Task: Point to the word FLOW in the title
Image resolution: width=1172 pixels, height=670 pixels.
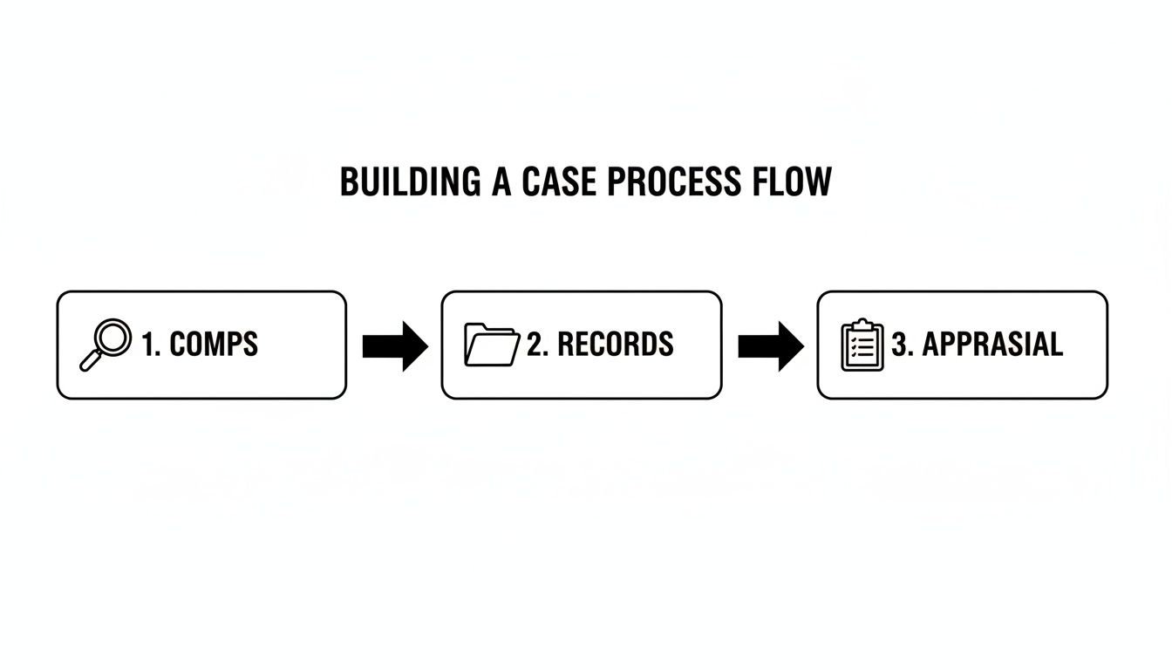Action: click(x=793, y=181)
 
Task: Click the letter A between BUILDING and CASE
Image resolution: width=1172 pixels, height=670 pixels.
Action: click(x=501, y=181)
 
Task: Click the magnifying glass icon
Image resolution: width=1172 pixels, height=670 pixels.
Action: click(x=106, y=345)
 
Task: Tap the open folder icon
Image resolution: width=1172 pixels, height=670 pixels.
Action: click(x=492, y=345)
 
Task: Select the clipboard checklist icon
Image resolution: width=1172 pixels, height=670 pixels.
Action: click(x=862, y=345)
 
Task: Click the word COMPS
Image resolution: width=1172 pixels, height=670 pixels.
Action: click(x=214, y=345)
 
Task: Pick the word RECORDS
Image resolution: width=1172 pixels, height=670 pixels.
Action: click(x=615, y=345)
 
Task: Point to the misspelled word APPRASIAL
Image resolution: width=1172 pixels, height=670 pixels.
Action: click(x=992, y=345)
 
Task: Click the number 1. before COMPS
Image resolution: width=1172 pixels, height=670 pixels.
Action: click(x=151, y=345)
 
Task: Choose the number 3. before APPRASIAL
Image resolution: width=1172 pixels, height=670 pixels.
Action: click(x=901, y=345)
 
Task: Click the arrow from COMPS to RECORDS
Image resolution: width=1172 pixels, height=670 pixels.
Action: click(x=394, y=346)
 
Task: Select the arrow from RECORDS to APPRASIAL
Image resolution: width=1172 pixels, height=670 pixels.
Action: click(x=770, y=346)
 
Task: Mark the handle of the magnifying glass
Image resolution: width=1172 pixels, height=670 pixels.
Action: click(x=90, y=361)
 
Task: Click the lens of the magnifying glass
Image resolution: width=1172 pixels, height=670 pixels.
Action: click(x=114, y=336)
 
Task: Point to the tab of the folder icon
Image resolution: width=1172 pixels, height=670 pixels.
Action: click(x=477, y=328)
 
